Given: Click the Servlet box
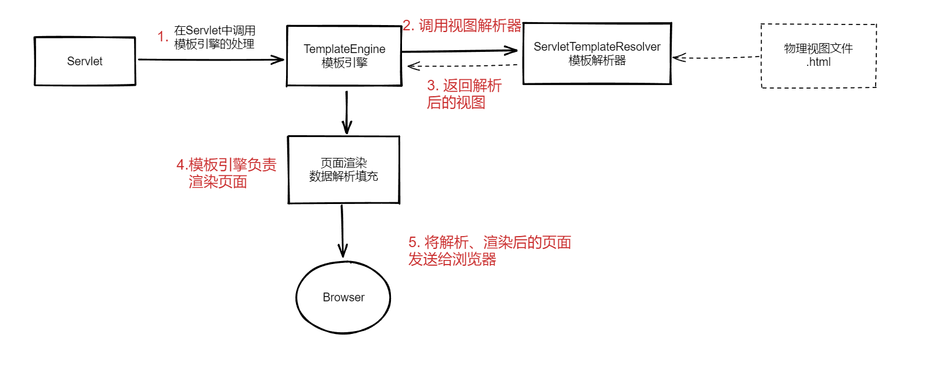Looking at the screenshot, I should tap(85, 61).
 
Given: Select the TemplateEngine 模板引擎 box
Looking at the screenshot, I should tap(344, 56).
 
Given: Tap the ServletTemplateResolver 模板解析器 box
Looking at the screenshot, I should tap(597, 54).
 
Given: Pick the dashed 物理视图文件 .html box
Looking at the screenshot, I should tap(818, 55).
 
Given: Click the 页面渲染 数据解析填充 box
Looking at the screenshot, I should tap(344, 170).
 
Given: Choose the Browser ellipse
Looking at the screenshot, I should tap(343, 297).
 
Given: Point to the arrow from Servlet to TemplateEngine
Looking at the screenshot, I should tap(210, 59).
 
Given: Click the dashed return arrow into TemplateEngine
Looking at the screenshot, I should tap(463, 66).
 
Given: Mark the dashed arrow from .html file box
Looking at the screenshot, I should tap(717, 58).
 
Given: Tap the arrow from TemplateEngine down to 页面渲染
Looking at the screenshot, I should tap(347, 112).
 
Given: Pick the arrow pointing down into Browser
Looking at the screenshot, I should tap(343, 231).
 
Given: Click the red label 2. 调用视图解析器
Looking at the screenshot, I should tap(462, 26).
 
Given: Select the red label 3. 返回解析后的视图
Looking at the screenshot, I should tap(464, 94).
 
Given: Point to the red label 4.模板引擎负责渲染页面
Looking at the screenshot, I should tap(226, 173).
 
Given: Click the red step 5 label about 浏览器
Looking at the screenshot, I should tap(489, 251).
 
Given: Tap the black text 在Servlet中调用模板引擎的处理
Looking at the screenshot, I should tap(214, 37).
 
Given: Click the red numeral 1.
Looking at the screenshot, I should tap(163, 37).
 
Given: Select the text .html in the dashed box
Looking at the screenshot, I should tap(818, 62).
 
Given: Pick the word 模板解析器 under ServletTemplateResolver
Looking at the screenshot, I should tap(597, 61).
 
